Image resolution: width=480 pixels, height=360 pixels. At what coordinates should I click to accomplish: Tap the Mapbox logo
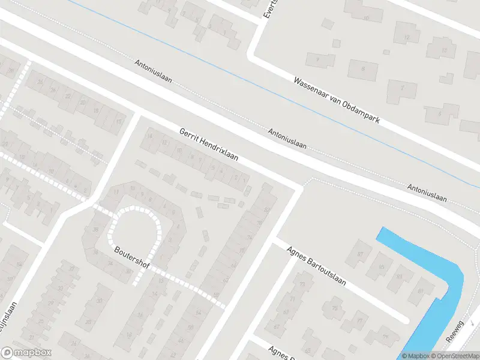(26, 353)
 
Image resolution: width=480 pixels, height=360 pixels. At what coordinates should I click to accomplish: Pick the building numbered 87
(361, 254)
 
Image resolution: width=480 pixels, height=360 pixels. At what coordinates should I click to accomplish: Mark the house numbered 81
(421, 291)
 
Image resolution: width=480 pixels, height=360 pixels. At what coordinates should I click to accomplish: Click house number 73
(302, 284)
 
